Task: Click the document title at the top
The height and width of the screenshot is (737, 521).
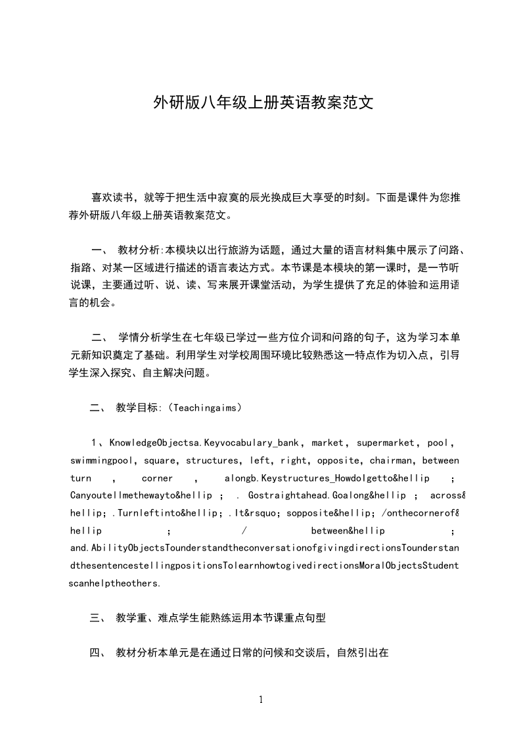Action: pos(263,102)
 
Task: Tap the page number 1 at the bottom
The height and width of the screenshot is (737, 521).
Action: pos(261,700)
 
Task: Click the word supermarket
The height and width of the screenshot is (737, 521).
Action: pos(384,443)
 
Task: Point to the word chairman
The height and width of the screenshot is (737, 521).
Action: pos(392,460)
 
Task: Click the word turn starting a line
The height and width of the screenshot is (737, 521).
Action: pos(81,478)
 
